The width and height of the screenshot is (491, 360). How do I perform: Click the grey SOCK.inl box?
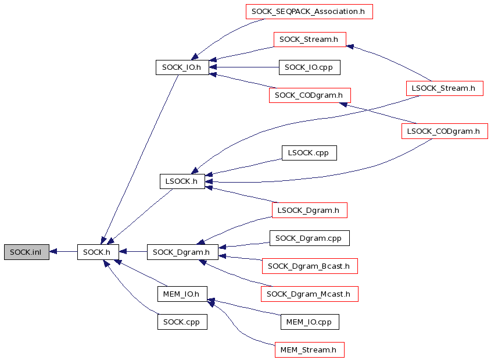(x=27, y=252)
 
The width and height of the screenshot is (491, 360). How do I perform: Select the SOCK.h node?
(x=98, y=252)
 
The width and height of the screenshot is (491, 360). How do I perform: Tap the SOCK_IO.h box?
(x=182, y=67)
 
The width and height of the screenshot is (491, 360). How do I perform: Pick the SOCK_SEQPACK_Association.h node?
(x=309, y=12)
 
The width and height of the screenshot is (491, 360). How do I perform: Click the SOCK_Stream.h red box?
(x=310, y=40)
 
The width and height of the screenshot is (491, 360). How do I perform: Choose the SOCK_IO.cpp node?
(x=309, y=67)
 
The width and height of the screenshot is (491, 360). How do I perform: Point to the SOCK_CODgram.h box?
(x=310, y=95)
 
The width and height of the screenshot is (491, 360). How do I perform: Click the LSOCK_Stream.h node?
(x=445, y=88)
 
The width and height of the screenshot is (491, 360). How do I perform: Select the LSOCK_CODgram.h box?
(x=445, y=131)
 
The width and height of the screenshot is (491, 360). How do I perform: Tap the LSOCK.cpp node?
(x=309, y=153)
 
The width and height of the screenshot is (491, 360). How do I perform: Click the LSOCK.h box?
(x=182, y=181)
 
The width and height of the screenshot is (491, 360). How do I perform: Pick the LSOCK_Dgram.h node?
(x=309, y=210)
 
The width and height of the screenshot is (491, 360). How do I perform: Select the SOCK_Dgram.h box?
(x=182, y=252)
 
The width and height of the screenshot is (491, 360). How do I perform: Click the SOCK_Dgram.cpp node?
(x=309, y=238)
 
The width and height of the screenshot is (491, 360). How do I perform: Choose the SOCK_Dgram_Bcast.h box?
(x=310, y=266)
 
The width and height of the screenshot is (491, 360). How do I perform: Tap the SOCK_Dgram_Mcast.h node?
(x=309, y=294)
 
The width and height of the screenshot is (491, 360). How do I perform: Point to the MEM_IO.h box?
(x=182, y=294)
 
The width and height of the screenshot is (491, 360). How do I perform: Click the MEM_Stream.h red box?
(x=309, y=350)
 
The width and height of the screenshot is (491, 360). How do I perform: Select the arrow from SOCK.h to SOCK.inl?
(x=63, y=252)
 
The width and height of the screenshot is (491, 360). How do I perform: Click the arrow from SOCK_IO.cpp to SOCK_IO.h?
(x=244, y=67)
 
